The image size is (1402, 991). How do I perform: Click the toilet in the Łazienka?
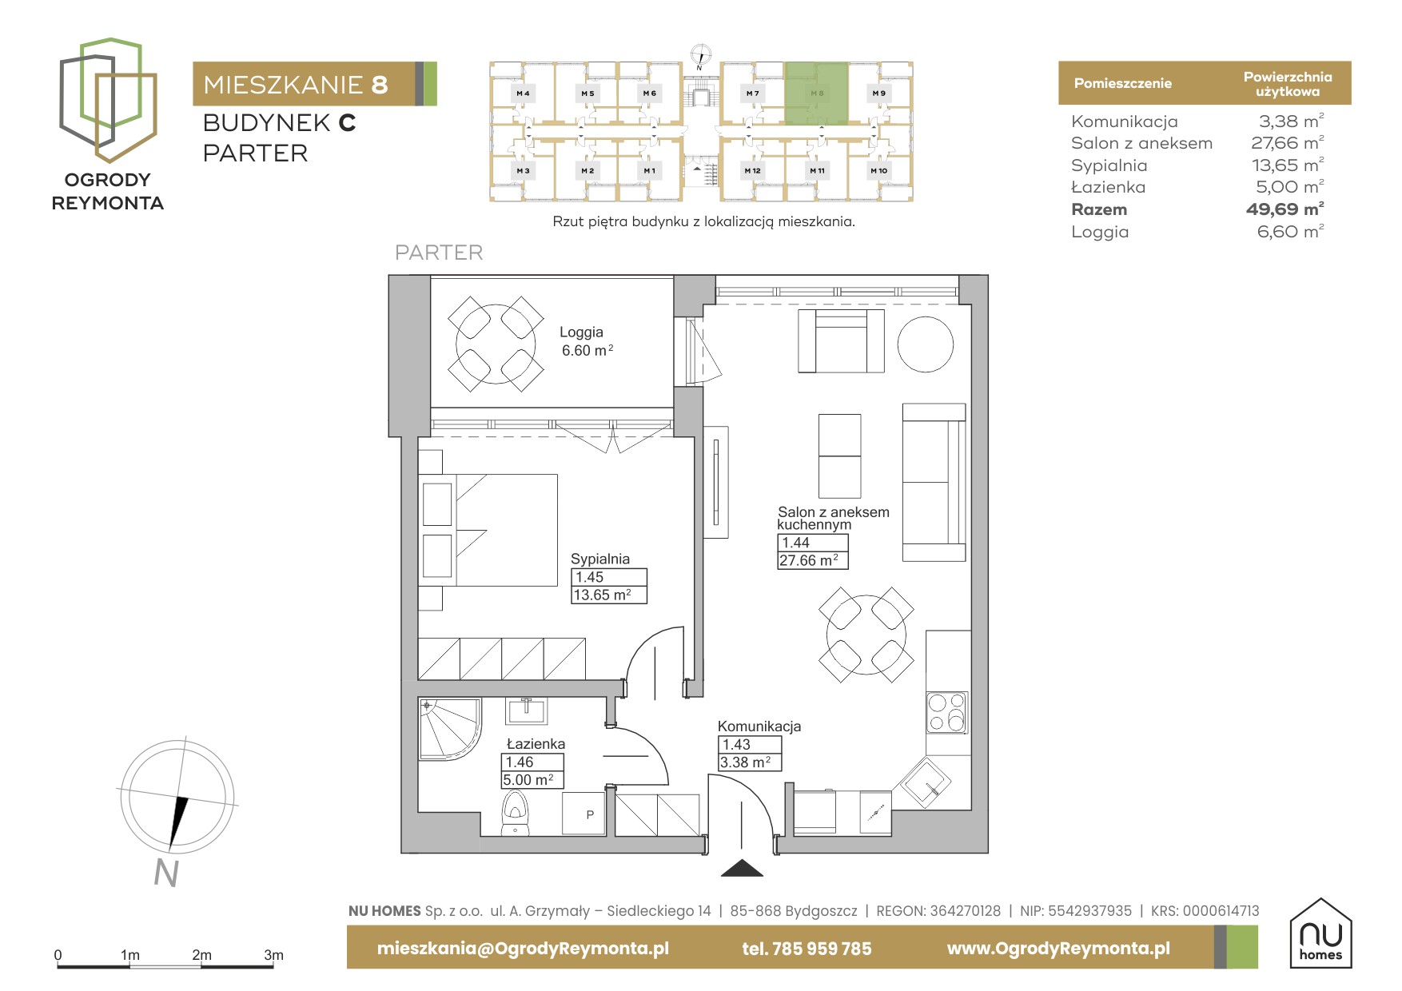pyautogui.click(x=516, y=813)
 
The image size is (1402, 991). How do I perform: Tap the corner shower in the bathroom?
pyautogui.click(x=450, y=729)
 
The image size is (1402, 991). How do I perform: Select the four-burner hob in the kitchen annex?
pyautogui.click(x=947, y=712)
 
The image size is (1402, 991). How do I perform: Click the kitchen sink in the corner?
pyautogui.click(x=925, y=782)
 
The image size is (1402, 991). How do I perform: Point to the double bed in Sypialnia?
pyautogui.click(x=488, y=530)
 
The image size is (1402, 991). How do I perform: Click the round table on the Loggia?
pyautogui.click(x=496, y=344)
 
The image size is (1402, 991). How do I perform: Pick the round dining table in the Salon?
pyautogui.click(x=866, y=635)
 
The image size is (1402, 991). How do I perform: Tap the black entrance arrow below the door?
pyautogui.click(x=742, y=868)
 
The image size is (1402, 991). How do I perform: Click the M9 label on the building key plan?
pyautogui.click(x=879, y=94)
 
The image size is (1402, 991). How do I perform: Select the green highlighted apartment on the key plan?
pyautogui.click(x=816, y=94)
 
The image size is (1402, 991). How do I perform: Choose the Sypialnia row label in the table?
pyautogui.click(x=1109, y=165)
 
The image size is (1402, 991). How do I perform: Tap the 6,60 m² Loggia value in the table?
pyautogui.click(x=1290, y=232)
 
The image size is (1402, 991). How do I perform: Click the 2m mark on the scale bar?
pyautogui.click(x=201, y=955)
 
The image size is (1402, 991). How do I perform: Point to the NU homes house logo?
pyautogui.click(x=1320, y=933)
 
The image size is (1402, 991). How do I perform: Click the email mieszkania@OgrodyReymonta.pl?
pyautogui.click(x=523, y=949)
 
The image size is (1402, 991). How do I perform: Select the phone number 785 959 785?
pyautogui.click(x=822, y=949)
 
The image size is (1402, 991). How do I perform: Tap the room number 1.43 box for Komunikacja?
pyautogui.click(x=749, y=745)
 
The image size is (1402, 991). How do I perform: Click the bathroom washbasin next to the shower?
pyautogui.click(x=526, y=710)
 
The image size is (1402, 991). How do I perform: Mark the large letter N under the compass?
pyautogui.click(x=166, y=873)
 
